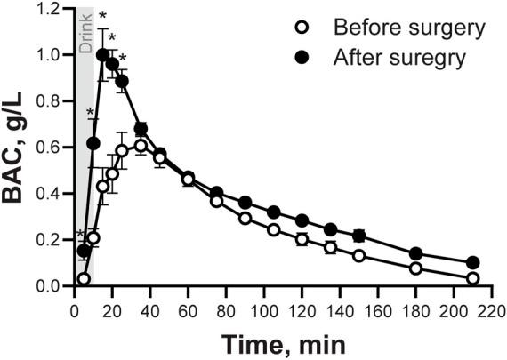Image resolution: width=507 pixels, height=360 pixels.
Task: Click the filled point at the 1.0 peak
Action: [102, 54]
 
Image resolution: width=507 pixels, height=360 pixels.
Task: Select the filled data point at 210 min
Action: [472, 263]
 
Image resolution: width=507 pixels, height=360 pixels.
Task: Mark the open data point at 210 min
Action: [472, 279]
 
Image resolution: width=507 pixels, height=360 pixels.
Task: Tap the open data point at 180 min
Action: [415, 268]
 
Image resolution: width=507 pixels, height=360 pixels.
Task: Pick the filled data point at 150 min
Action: [358, 236]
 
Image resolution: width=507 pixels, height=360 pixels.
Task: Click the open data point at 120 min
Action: [302, 239]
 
